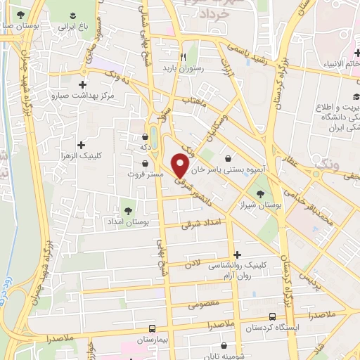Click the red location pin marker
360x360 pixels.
coord(181,165)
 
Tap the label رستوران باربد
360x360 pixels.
coord(182,69)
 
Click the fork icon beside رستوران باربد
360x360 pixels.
coord(182,57)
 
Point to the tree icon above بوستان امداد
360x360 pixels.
coord(128,210)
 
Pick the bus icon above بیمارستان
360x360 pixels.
coord(153,328)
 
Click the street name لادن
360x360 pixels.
coord(193,264)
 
